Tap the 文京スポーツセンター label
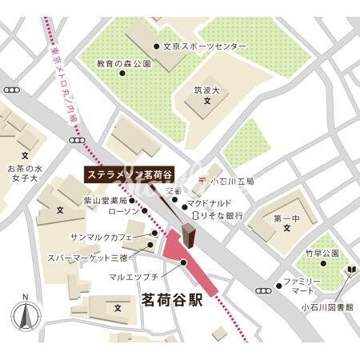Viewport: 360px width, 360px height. [205, 48]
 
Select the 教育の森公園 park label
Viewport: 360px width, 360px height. [124, 62]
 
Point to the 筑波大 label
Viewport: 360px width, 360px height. [207, 91]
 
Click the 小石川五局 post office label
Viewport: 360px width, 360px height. [232, 182]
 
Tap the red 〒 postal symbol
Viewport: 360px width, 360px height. [203, 181]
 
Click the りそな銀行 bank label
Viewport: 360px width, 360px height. [219, 216]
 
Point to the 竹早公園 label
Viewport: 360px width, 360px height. [321, 253]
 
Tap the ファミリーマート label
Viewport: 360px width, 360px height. [303, 287]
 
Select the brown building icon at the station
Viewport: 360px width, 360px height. [188, 235]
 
